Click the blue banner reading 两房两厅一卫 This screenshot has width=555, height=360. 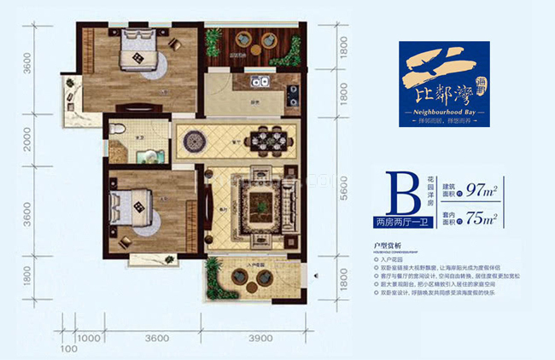[400, 224]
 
